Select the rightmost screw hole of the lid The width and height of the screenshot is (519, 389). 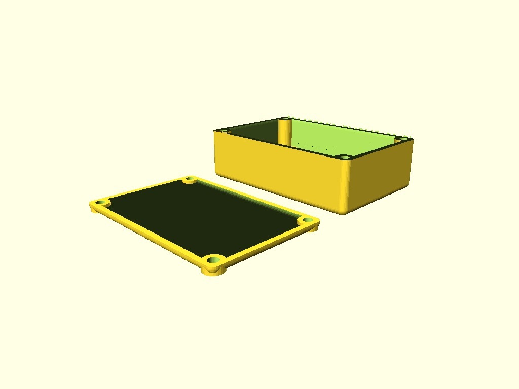[x=306, y=220]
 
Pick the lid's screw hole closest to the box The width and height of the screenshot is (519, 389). [x=190, y=179]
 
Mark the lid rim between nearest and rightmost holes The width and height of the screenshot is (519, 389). [x=264, y=244]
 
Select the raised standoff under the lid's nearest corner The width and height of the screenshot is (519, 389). [x=214, y=271]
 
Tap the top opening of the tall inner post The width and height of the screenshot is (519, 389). [x=285, y=120]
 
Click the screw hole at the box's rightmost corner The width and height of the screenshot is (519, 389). [x=403, y=139]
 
